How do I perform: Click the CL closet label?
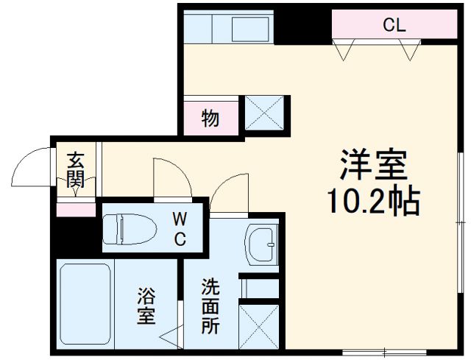click(394, 25)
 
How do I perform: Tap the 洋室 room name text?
click(373, 165)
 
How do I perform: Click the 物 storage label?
click(210, 118)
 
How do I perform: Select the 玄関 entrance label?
click(76, 170)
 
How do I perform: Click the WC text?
click(180, 229)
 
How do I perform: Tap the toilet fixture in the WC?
click(130, 229)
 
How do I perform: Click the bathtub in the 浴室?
click(85, 304)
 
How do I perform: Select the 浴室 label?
click(146, 306)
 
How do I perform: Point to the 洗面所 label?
click(210, 306)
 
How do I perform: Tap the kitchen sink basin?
click(250, 29)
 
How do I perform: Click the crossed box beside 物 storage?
click(264, 113)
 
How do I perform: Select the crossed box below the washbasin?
click(259, 327)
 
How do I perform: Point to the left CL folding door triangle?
click(344, 50)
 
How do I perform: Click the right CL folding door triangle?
click(410, 50)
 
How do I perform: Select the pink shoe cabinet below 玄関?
click(76, 210)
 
